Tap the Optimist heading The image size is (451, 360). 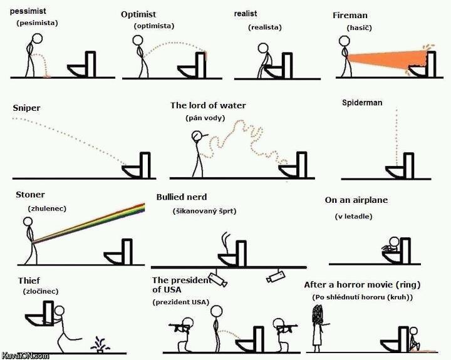138,14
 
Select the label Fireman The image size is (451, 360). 350,15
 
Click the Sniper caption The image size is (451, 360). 26,108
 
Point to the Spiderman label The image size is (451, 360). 362,103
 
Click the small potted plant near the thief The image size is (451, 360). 98,343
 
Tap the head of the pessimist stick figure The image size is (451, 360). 36,39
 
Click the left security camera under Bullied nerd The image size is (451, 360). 218,279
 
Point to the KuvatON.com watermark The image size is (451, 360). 24,355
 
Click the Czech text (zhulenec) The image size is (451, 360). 47,208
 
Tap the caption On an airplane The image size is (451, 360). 356,200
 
